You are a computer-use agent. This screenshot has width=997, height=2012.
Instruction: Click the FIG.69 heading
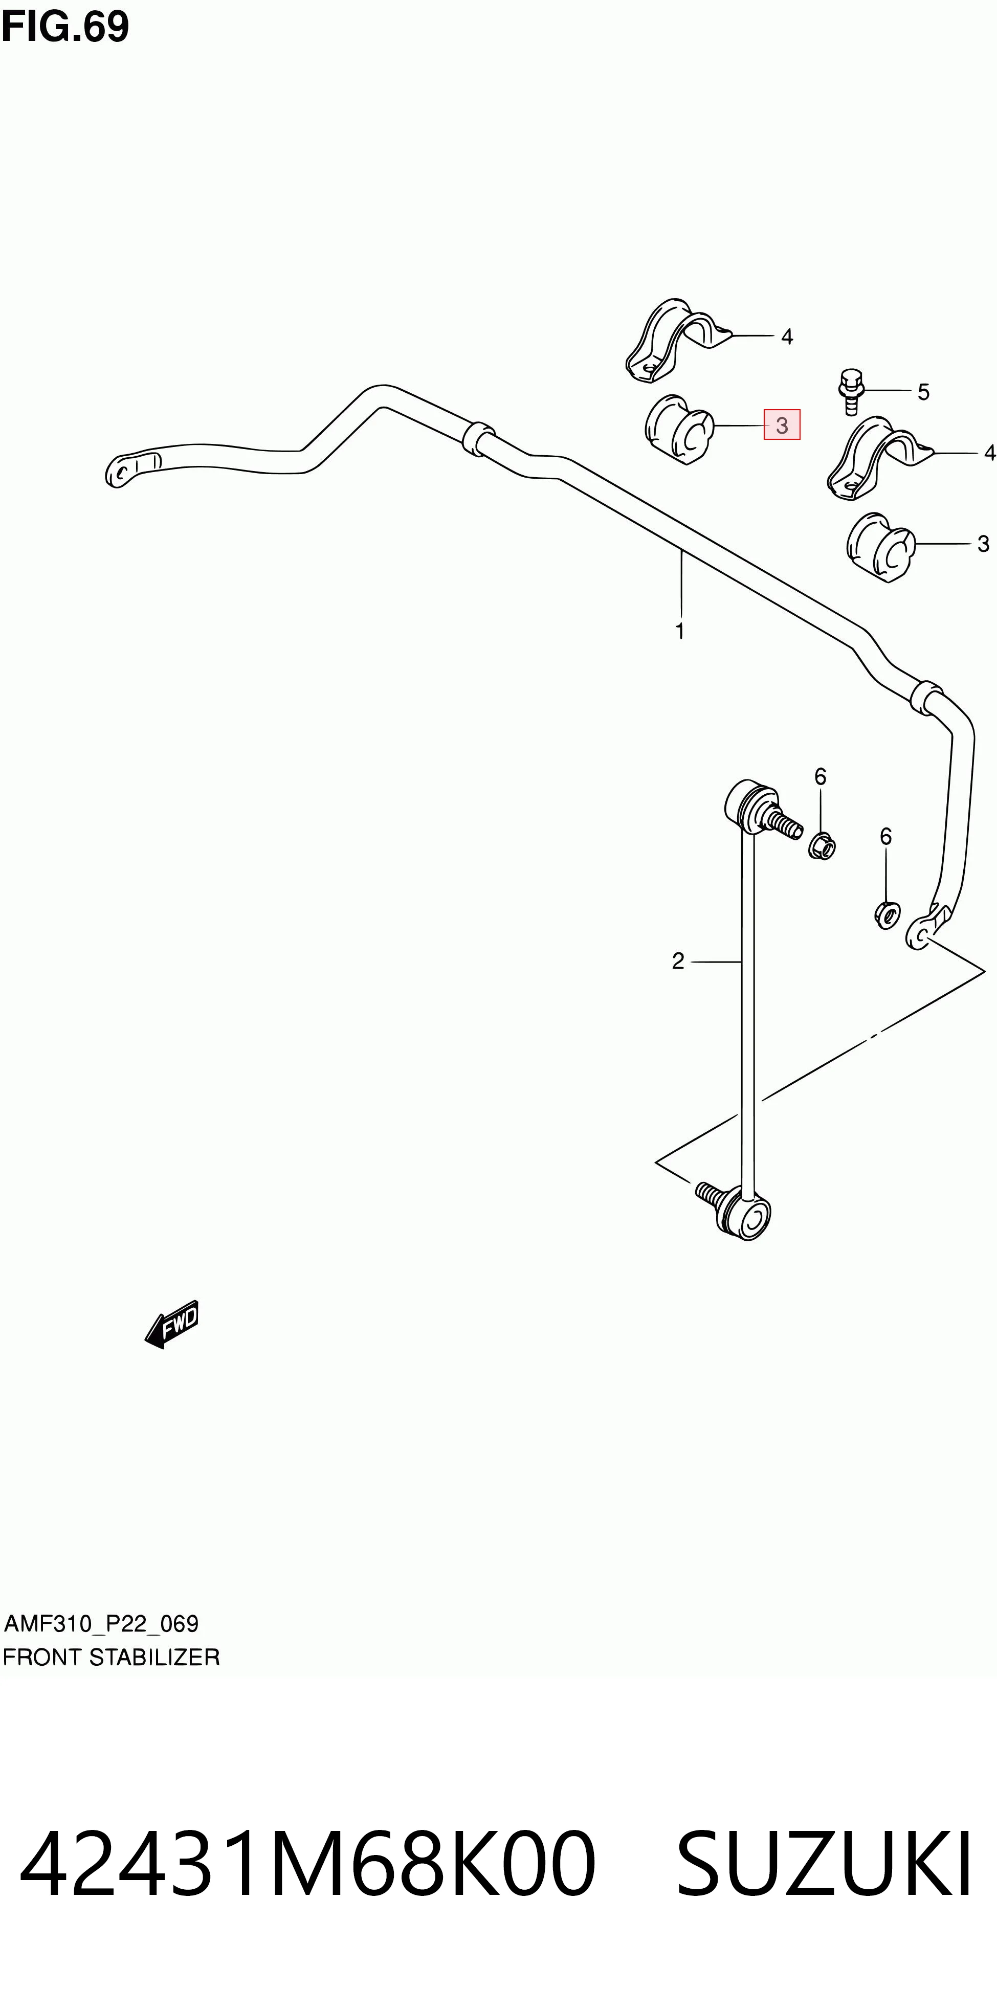(65, 27)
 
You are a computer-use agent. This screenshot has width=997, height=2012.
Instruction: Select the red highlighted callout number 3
(781, 425)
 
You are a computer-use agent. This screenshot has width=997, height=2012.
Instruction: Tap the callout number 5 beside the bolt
(923, 392)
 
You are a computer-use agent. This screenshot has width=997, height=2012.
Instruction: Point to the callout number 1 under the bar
(680, 631)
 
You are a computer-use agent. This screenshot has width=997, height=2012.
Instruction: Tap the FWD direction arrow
(172, 1325)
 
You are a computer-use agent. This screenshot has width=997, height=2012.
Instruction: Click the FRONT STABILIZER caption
(111, 1658)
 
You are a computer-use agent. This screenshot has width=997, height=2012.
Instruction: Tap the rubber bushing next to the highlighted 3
(679, 429)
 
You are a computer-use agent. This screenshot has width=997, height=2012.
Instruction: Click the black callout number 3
(983, 544)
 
